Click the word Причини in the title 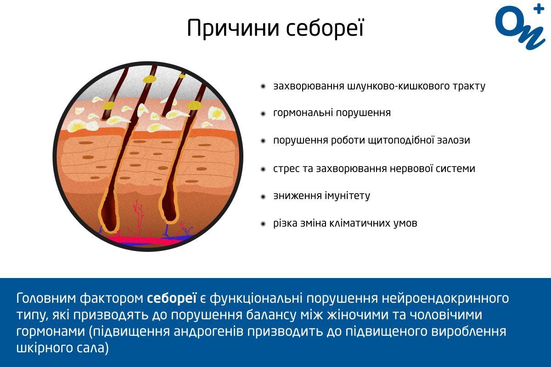pyautogui.click(x=233, y=28)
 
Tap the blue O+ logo pyautogui.click(x=520, y=27)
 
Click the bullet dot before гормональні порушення pyautogui.click(x=263, y=114)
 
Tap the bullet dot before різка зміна pyautogui.click(x=263, y=224)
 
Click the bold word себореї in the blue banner pyautogui.click(x=172, y=298)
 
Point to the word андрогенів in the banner pyautogui.click(x=208, y=332)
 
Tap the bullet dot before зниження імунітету pyautogui.click(x=263, y=197)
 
